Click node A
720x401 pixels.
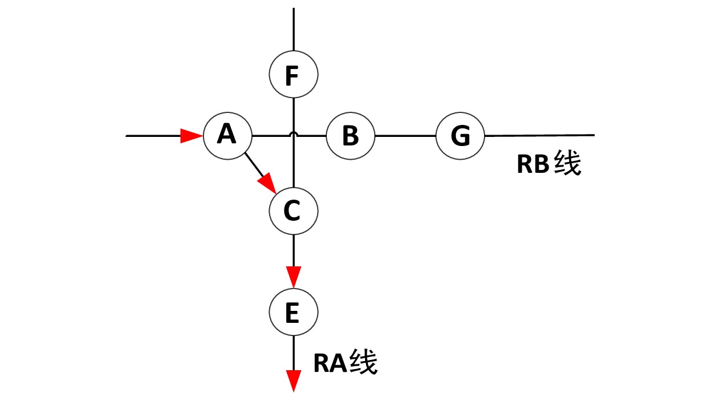click(227, 136)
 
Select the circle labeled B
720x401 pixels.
click(350, 136)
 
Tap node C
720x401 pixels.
click(293, 211)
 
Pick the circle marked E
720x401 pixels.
click(293, 312)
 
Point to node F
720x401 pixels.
click(293, 75)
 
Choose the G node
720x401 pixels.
click(460, 136)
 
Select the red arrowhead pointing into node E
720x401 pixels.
click(293, 277)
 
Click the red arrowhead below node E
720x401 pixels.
click(293, 380)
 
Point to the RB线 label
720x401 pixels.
click(549, 164)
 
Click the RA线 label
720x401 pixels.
click(345, 363)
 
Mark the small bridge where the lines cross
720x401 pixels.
click(293, 135)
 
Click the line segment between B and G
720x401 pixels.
click(405, 136)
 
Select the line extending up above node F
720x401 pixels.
click(293, 29)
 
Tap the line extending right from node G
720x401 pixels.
click(540, 135)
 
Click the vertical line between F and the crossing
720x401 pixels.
click(293, 114)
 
